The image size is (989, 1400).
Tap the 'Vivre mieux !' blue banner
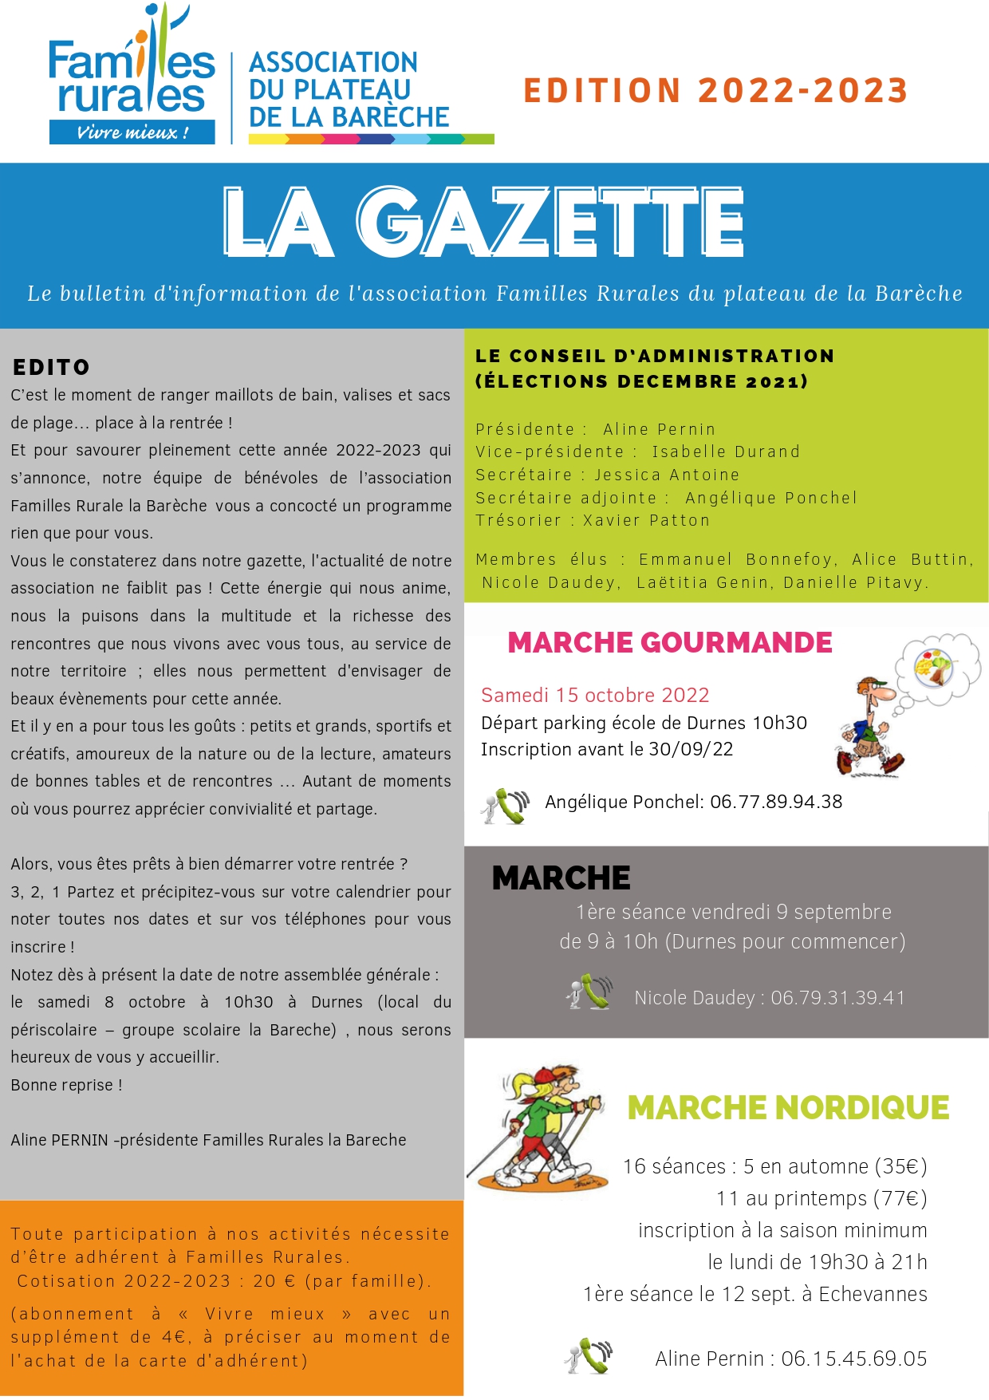point(132,132)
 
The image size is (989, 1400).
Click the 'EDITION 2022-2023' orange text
point(715,91)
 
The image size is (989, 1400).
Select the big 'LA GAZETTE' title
point(483,223)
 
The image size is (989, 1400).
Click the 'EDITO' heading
point(51,367)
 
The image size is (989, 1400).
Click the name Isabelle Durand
point(726,452)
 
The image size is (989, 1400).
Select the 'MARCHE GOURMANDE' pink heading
point(670,642)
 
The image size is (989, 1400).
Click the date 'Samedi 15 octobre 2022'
point(595,695)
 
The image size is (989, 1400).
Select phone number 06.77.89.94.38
point(776,802)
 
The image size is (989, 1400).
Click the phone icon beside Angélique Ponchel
point(506,806)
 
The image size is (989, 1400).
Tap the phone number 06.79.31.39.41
point(837,998)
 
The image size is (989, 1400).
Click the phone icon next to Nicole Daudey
point(589,992)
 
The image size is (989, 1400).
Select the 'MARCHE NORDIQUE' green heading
point(788,1107)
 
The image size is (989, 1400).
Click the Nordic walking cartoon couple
point(539,1126)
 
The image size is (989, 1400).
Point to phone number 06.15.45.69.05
point(853,1359)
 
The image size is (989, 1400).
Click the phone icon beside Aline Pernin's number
point(588,1356)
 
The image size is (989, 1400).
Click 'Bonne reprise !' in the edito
point(67,1085)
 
